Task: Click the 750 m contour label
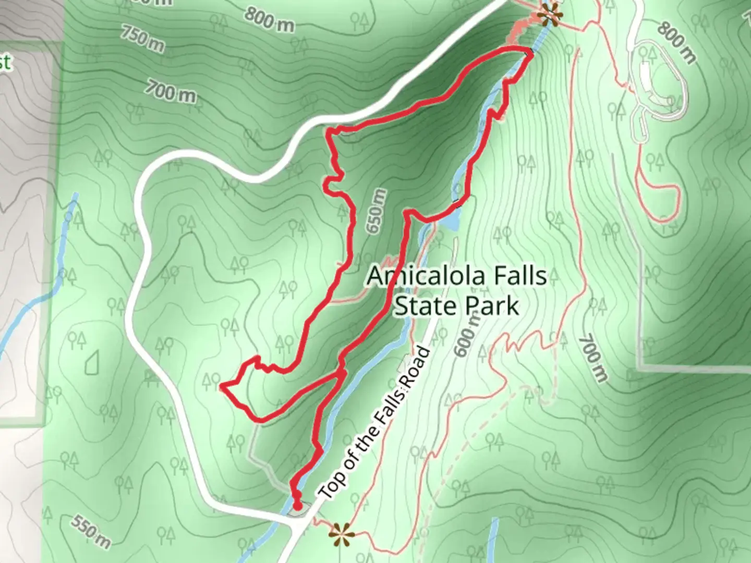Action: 142,37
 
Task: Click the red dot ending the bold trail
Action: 297,505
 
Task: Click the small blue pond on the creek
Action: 452,219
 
